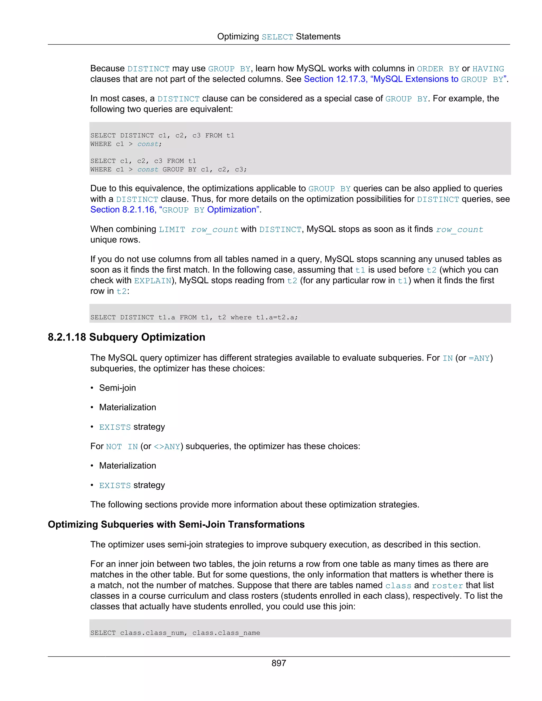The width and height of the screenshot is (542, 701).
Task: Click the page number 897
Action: (278, 663)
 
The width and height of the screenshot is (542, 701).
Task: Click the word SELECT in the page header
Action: (277, 37)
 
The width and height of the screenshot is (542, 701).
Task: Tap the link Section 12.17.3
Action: (335, 79)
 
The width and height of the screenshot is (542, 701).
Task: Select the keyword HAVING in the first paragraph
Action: (488, 69)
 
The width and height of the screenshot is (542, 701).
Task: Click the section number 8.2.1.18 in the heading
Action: (67, 337)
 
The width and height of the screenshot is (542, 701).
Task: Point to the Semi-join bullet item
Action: (118, 388)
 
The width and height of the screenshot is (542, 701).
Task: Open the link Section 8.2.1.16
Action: (122, 210)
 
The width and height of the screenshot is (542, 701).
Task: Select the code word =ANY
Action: (479, 358)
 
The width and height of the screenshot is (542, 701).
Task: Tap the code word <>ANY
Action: (167, 447)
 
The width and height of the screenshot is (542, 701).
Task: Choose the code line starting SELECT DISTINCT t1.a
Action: (194, 317)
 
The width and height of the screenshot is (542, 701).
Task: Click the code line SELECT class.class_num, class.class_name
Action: (175, 633)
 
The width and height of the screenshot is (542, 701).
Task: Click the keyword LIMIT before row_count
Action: (172, 230)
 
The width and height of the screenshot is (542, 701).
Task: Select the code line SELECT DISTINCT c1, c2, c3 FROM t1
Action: (162, 135)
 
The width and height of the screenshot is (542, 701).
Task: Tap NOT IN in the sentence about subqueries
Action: (122, 447)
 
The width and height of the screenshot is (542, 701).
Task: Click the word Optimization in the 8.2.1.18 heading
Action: (173, 337)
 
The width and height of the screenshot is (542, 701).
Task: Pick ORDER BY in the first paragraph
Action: (438, 69)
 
